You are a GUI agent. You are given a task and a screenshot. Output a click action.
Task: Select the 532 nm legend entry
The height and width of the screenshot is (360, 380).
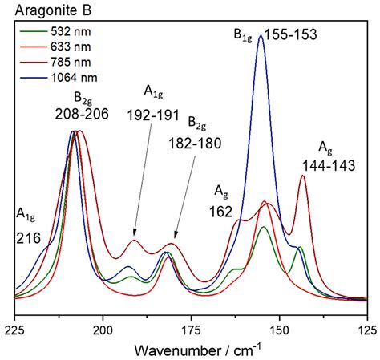click(64, 31)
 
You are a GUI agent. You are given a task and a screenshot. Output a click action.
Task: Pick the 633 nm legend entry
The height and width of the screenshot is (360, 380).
click(64, 44)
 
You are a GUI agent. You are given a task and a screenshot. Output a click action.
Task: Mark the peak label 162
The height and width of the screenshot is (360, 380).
click(222, 212)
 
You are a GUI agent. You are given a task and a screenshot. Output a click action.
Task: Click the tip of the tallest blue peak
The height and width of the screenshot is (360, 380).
click(261, 35)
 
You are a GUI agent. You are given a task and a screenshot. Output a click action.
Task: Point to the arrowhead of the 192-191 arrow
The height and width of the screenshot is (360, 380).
click(134, 236)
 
